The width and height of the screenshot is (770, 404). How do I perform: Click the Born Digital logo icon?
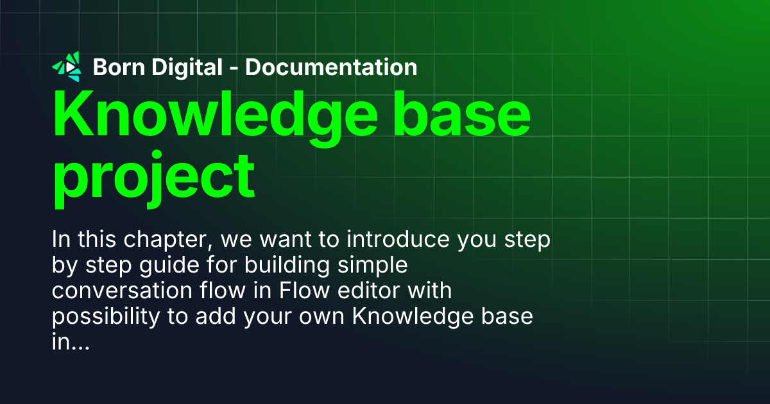point(67,67)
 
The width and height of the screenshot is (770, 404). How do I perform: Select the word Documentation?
point(331,67)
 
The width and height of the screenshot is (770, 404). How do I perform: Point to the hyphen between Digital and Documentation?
point(234,68)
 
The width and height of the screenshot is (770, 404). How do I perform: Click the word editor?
point(372,291)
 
